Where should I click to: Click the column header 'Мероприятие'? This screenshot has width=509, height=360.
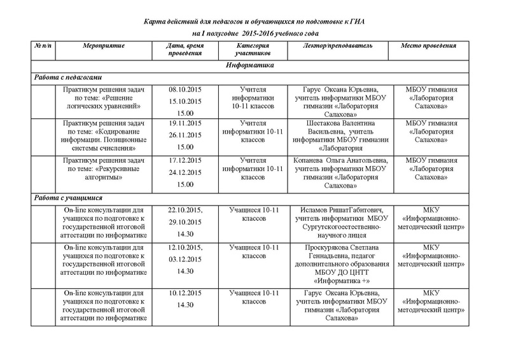tap(104, 46)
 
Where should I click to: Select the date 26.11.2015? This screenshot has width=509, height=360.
tap(185, 135)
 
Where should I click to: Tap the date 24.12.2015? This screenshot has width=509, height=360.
tap(185, 172)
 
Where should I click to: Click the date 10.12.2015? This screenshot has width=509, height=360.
tap(185, 293)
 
